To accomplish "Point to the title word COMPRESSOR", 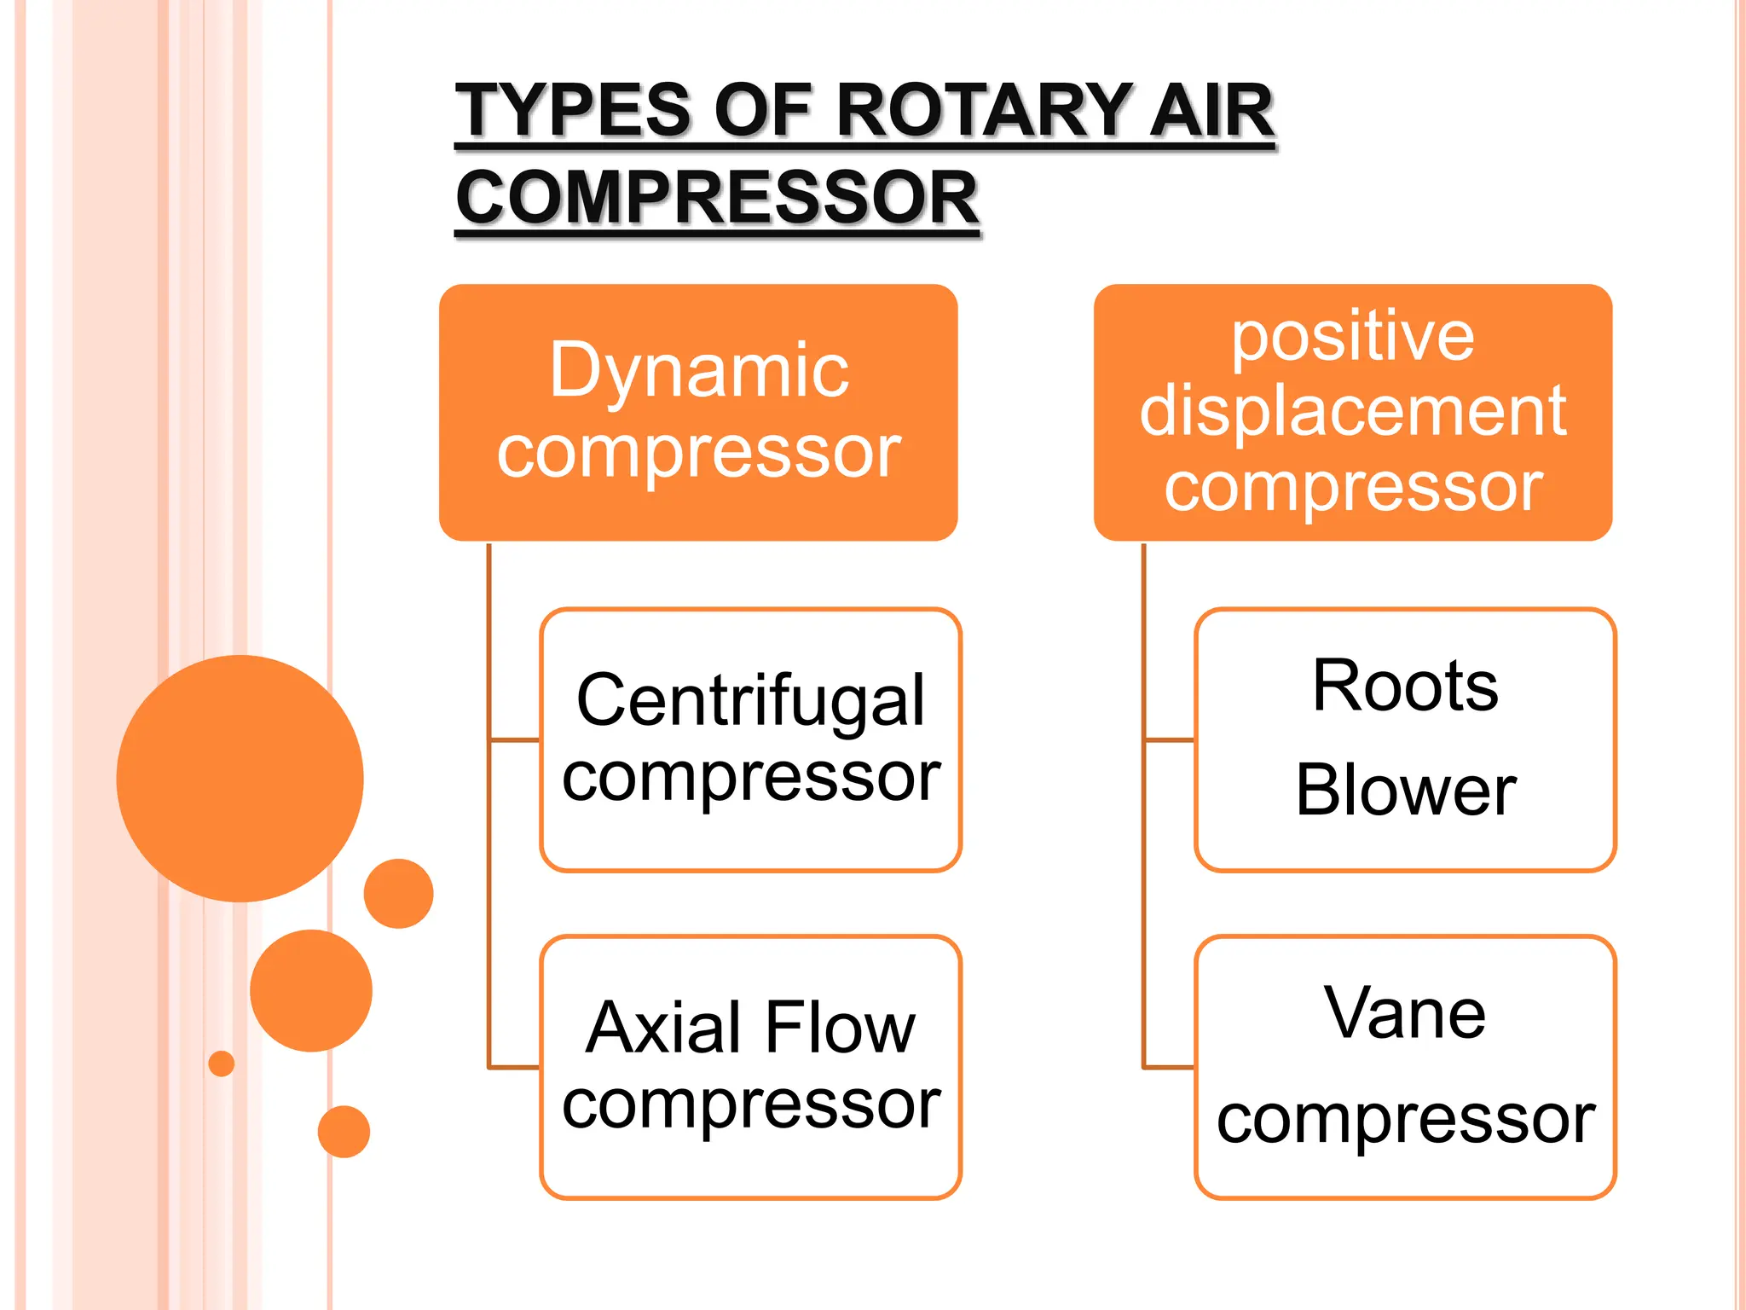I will (717, 197).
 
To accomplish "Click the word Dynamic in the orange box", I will (699, 370).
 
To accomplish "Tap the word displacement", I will (1353, 410).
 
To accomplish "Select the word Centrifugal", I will (750, 700).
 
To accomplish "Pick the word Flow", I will (840, 1028).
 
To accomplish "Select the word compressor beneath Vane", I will (1405, 1118).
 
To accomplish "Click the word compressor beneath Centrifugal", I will (750, 777).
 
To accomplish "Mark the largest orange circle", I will (240, 778).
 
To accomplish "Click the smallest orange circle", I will (221, 1064).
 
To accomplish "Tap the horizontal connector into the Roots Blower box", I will (1169, 739).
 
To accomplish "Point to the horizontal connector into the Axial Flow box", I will (514, 1066).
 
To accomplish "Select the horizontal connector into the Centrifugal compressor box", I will (514, 739).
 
